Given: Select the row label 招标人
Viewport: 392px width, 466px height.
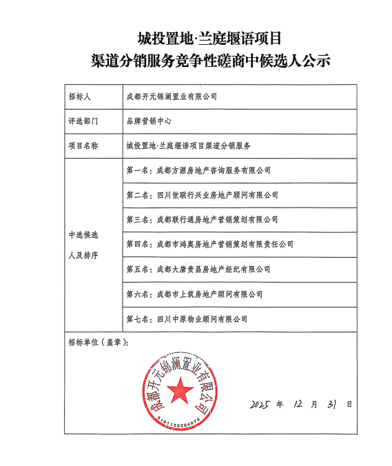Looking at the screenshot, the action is [x=79, y=96].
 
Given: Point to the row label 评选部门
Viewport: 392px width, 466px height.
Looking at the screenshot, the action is [x=83, y=121].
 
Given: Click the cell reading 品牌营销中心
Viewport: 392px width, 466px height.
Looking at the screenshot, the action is [x=148, y=121].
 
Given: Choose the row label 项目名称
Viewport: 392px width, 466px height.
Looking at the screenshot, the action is [x=83, y=145].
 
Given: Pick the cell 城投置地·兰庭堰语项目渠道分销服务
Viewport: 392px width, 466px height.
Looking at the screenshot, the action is [x=188, y=145].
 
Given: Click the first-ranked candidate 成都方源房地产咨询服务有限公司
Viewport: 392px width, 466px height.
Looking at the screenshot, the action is [x=198, y=170].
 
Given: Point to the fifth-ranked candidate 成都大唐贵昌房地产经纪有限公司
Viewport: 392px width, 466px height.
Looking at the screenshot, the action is [x=198, y=269].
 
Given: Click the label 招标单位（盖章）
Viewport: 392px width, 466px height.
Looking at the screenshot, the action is [x=98, y=341].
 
